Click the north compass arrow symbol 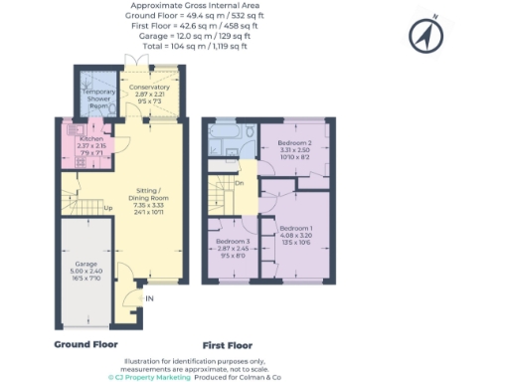pyautogui.click(x=423, y=37)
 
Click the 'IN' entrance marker pyautogui.click(x=149, y=297)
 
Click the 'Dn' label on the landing pyautogui.click(x=240, y=183)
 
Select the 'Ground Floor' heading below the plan pyautogui.click(x=86, y=344)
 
